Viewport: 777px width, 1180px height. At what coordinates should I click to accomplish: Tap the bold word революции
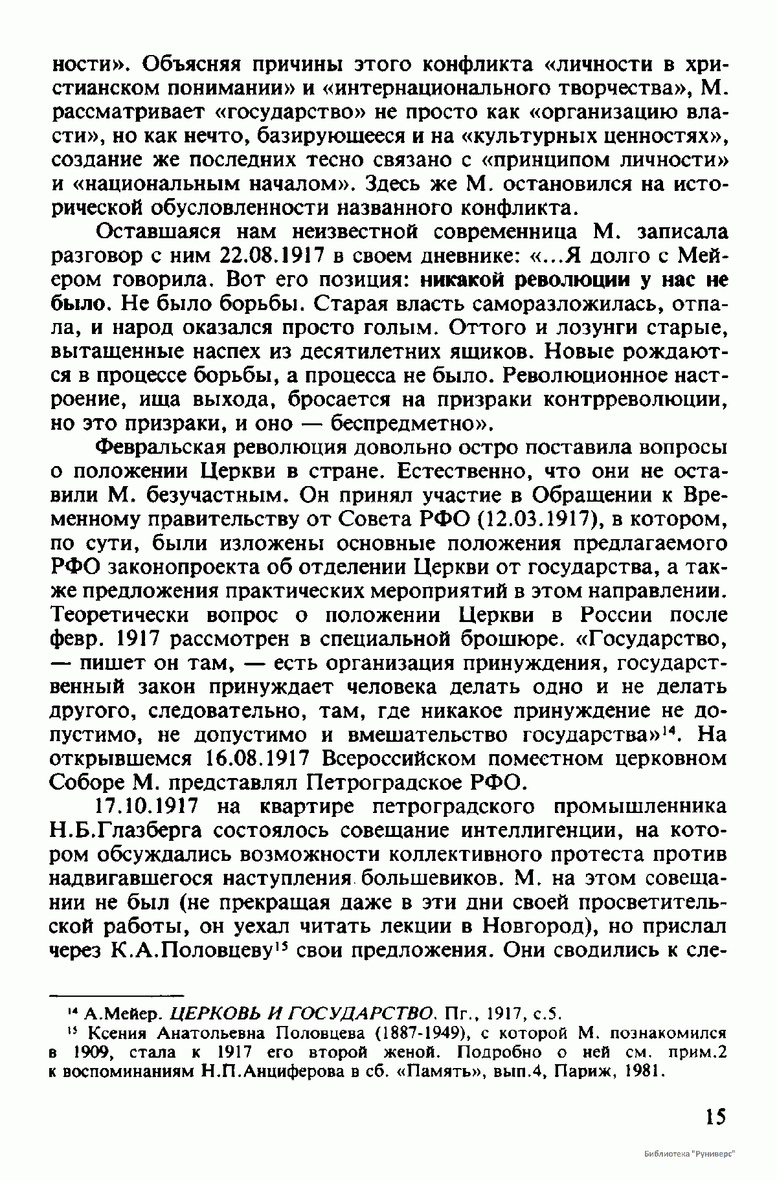[580, 280]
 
